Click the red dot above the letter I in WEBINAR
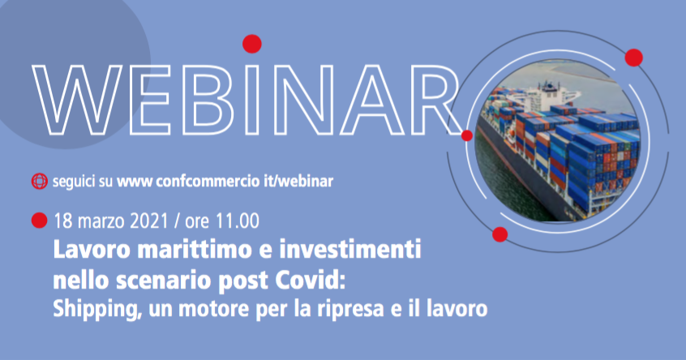point(252,44)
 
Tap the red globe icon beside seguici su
point(40,181)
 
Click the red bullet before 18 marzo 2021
point(39,221)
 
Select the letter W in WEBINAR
point(77,100)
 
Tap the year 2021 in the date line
point(149,221)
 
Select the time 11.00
point(237,221)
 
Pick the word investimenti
point(350,250)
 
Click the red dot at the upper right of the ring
point(633,58)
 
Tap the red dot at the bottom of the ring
point(499,234)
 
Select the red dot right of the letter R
point(467,135)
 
